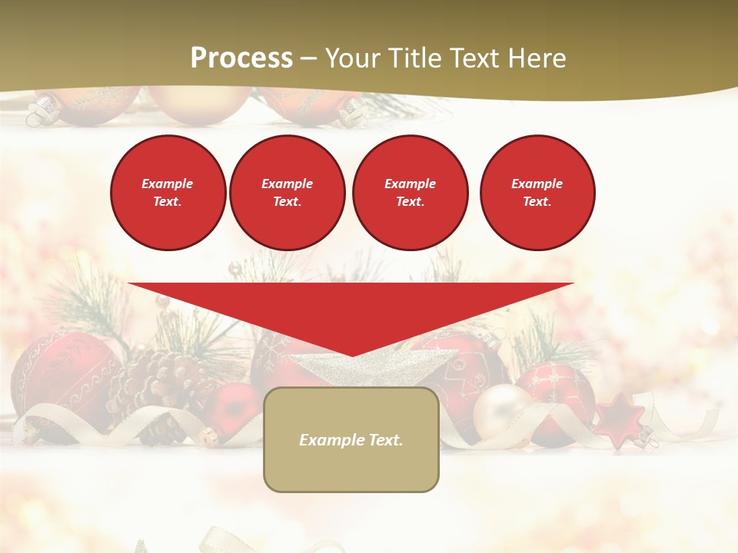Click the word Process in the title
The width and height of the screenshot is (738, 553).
(241, 58)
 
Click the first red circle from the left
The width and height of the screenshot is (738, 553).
(168, 193)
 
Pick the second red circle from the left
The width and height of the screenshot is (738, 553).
(287, 193)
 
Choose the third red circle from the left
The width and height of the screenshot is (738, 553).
(410, 193)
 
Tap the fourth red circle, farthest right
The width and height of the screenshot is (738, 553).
(537, 193)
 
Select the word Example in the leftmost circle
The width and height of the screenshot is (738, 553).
(168, 184)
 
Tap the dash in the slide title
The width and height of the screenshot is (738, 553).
(308, 58)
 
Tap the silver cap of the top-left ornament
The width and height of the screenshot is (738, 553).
(38, 115)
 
